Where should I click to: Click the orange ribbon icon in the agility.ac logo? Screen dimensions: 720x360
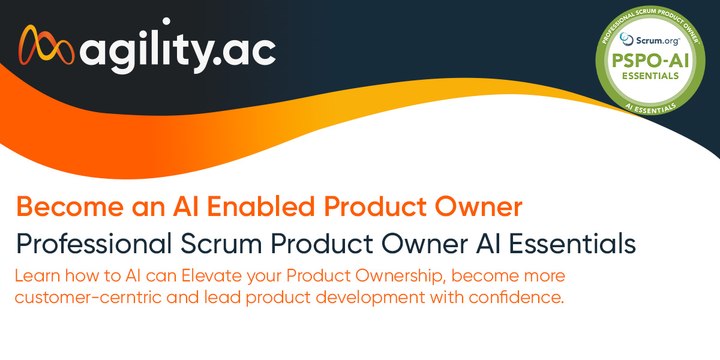46,45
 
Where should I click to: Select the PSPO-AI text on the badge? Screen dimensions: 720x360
650,61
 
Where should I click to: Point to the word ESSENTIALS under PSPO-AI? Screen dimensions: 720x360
650,76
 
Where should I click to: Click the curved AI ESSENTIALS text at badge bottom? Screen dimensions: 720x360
650,109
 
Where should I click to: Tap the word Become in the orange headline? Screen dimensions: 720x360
70,206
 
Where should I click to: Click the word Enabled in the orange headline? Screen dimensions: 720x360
260,206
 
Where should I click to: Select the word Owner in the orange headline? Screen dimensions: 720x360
479,206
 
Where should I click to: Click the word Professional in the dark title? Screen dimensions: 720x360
94,244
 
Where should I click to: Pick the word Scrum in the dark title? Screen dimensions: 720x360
221,244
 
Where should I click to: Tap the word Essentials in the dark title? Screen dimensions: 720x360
572,244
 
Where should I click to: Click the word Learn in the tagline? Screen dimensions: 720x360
37,276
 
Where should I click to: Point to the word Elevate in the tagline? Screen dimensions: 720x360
211,276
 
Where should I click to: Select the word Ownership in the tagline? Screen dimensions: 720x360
399,277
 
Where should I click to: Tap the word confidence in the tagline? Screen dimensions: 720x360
516,297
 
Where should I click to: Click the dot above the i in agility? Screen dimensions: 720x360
166,22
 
